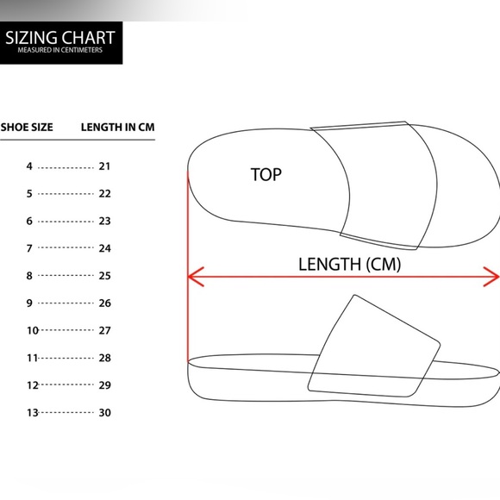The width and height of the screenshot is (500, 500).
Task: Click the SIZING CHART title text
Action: [x=60, y=38]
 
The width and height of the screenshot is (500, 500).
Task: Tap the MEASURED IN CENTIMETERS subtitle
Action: [x=60, y=50]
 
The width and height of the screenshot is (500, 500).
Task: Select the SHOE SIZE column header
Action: [x=27, y=128]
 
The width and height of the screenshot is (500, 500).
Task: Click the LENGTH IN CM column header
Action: [x=117, y=128]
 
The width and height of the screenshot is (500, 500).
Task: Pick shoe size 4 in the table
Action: [x=29, y=166]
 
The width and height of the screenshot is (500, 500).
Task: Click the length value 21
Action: [x=104, y=166]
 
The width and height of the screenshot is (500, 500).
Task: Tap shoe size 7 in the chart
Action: [x=29, y=248]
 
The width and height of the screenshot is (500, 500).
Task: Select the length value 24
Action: [x=104, y=248]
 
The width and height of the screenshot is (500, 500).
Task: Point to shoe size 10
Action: [x=33, y=330]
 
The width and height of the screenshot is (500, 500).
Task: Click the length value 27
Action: [x=104, y=330]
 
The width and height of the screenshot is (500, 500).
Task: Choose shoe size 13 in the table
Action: [x=33, y=413]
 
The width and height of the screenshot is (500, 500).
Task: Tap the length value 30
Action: [x=104, y=413]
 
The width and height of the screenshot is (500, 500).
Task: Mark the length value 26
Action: [x=104, y=303]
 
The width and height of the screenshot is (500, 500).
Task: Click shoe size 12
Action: [x=33, y=385]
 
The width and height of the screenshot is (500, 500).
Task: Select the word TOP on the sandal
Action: [x=266, y=175]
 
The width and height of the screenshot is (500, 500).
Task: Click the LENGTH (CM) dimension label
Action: [x=349, y=265]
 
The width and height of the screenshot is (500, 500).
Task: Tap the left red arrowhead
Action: [x=196, y=277]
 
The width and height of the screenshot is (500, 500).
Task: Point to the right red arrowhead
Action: [x=491, y=277]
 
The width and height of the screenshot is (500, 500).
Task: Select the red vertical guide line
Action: [x=188, y=266]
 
